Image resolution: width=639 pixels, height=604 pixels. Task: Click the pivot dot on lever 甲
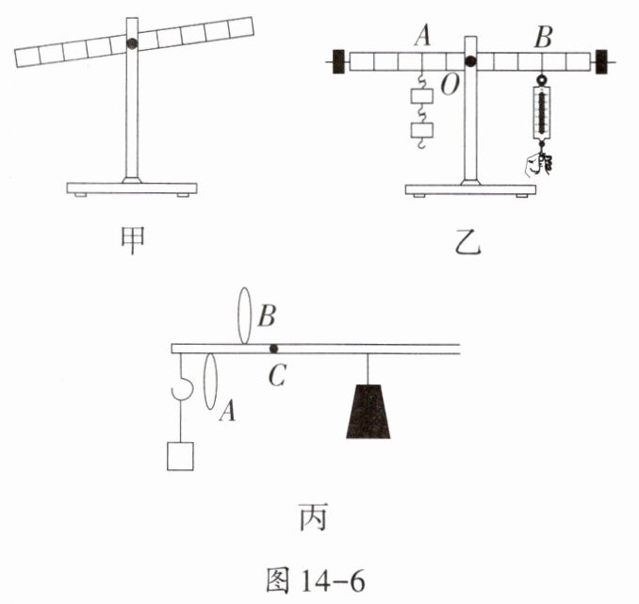click(x=132, y=43)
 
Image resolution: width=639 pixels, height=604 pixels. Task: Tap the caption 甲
click(x=133, y=240)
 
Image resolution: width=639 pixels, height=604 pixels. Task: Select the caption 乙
click(x=468, y=243)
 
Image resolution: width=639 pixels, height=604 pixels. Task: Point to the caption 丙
click(x=314, y=517)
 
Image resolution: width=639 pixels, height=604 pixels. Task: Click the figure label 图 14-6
click(x=315, y=580)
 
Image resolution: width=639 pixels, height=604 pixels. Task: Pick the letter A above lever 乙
click(x=422, y=35)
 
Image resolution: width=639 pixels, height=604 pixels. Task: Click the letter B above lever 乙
click(x=543, y=36)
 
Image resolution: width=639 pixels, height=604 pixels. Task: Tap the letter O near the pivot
click(x=450, y=85)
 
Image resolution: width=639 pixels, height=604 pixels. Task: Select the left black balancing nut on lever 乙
click(x=338, y=62)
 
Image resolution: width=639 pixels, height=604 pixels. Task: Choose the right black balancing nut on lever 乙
click(x=601, y=62)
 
